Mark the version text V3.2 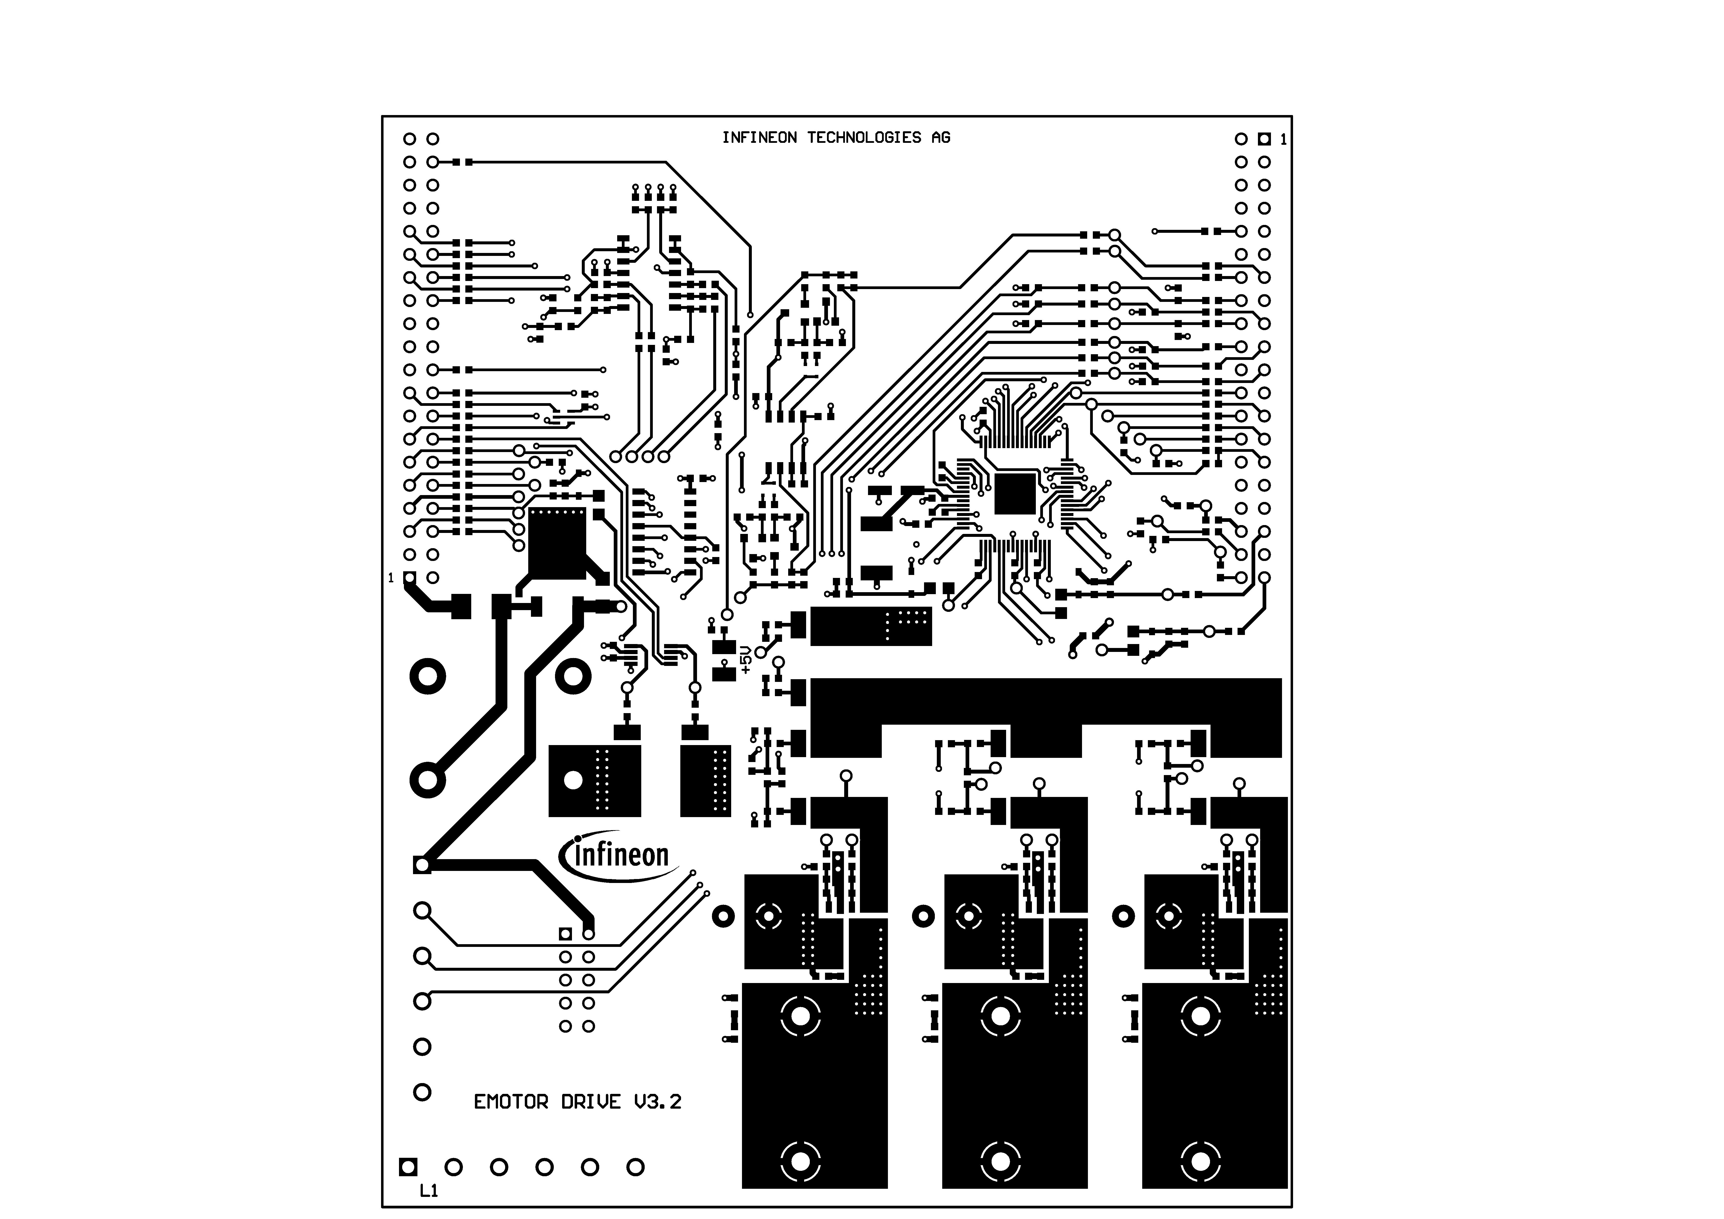point(658,1102)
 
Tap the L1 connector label point(429,1190)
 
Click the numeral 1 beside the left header point(390,578)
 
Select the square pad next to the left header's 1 point(409,578)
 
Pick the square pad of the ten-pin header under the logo point(565,934)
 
